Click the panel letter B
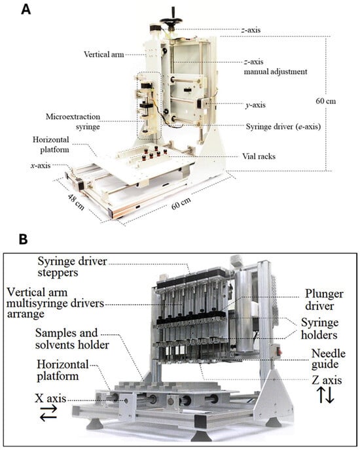[24, 239]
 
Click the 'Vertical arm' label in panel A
[103, 54]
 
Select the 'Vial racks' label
[259, 156]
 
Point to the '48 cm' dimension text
[76, 202]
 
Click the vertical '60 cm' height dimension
[325, 101]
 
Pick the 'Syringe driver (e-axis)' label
[283, 126]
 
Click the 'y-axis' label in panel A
[255, 105]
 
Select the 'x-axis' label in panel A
[41, 165]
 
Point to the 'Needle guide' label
[329, 358]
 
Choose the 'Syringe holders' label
[319, 328]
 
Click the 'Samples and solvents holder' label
[72, 339]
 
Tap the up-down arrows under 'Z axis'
[326, 395]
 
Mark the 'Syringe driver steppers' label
[72, 267]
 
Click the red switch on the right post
[279, 351]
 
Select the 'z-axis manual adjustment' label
[276, 67]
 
